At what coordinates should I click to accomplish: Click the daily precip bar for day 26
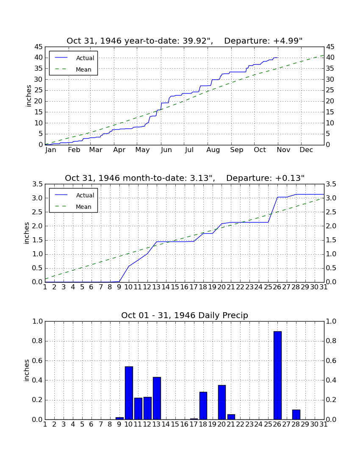[277, 375]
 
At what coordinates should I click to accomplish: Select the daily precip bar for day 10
[129, 393]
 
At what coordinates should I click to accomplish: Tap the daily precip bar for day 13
[157, 398]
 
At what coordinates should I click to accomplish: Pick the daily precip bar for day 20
[222, 402]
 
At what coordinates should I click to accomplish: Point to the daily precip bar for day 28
[296, 415]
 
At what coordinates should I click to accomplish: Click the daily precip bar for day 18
[203, 406]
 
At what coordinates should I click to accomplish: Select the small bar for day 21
[231, 417]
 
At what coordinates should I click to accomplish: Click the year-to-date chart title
[185, 41]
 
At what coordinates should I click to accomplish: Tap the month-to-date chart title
[185, 178]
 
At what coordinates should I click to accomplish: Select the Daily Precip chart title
[185, 315]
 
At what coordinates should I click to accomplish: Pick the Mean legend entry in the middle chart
[73, 207]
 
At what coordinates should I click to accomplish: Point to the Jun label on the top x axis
[166, 150]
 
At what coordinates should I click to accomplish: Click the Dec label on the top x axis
[306, 150]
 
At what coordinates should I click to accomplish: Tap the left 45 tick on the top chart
[39, 47]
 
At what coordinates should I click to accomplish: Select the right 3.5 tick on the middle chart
[331, 184]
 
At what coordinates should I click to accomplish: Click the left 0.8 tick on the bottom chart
[37, 341]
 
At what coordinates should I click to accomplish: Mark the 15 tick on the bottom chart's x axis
[175, 424]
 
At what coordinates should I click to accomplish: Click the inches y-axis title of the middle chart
[27, 233]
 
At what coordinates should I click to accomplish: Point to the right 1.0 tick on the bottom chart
[331, 321]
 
